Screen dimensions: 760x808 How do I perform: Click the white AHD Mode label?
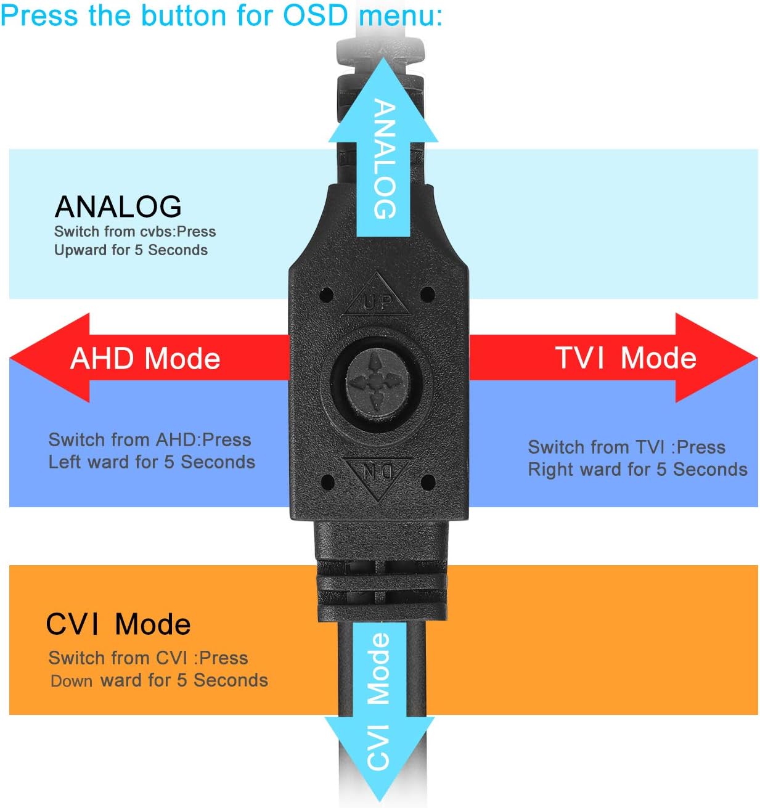(x=145, y=359)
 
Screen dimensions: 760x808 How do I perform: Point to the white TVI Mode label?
(x=626, y=358)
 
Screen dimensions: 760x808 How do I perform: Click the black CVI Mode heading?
(x=118, y=624)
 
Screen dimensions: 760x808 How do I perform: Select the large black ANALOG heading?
(x=118, y=206)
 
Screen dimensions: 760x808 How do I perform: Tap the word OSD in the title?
(x=316, y=15)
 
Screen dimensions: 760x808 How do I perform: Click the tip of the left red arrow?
(x=10, y=359)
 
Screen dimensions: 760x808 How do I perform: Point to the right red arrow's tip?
(x=757, y=359)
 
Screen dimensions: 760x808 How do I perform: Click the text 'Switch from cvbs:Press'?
(x=135, y=232)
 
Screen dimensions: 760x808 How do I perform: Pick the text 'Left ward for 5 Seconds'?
(x=152, y=462)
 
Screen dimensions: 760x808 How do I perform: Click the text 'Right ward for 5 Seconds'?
(x=637, y=469)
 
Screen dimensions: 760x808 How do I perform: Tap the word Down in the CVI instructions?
(x=72, y=681)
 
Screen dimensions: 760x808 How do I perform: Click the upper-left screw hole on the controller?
(x=327, y=294)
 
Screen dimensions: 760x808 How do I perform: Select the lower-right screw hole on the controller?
(x=428, y=482)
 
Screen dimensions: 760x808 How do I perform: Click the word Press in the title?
(x=39, y=15)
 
